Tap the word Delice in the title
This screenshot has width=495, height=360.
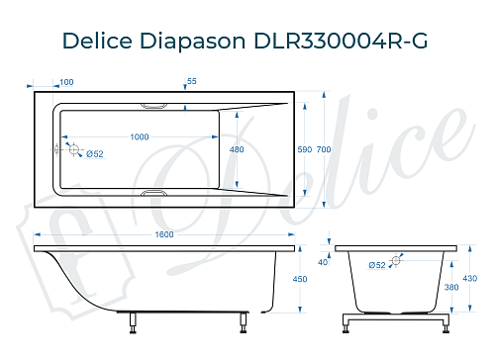97,41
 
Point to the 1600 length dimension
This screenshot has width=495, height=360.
164,233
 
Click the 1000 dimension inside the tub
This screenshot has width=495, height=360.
141,136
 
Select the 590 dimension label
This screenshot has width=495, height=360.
305,149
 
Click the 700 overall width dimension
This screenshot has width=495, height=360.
323,149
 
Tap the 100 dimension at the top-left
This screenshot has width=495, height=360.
66,82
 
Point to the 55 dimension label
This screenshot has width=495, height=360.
192,82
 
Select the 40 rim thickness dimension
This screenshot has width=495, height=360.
323,262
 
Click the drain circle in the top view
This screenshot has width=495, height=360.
72,148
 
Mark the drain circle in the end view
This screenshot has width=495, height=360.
397,261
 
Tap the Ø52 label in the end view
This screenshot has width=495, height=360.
376,265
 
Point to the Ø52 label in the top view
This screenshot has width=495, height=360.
95,154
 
